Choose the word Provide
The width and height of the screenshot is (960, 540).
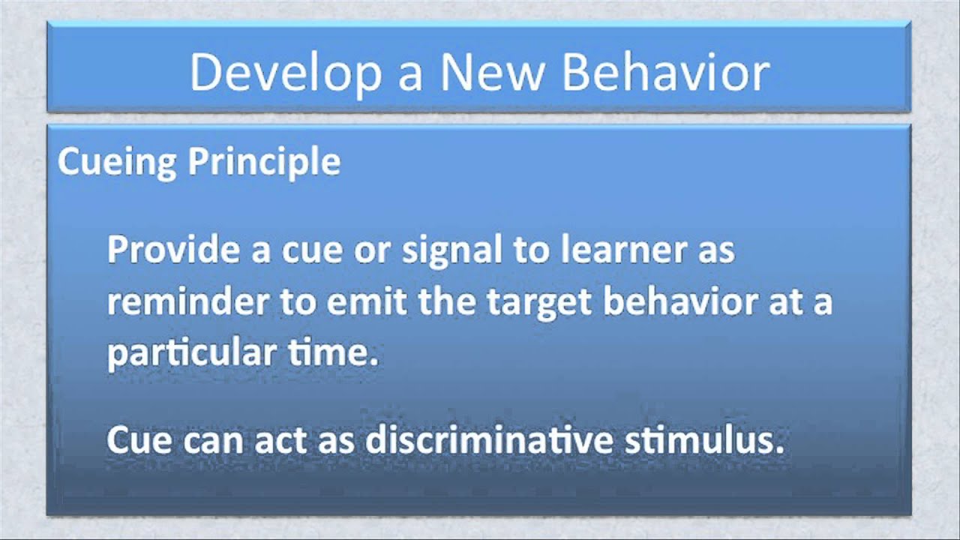pos(173,250)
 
